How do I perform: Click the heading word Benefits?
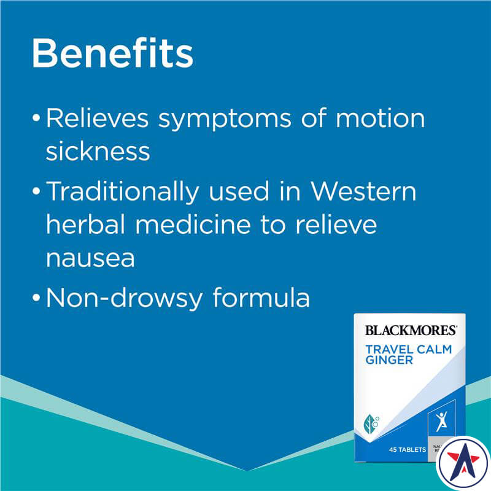[x=112, y=53]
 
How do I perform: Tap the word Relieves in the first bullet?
[x=95, y=118]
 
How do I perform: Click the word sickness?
[x=98, y=151]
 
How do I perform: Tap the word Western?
[x=363, y=191]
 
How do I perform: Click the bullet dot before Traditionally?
[x=37, y=193]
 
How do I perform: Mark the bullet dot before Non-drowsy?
[x=37, y=299]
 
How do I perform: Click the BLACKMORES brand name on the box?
[x=411, y=330]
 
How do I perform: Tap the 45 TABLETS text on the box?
[x=407, y=450]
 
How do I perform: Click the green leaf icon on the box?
[x=372, y=423]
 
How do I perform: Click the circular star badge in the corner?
[x=463, y=463]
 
